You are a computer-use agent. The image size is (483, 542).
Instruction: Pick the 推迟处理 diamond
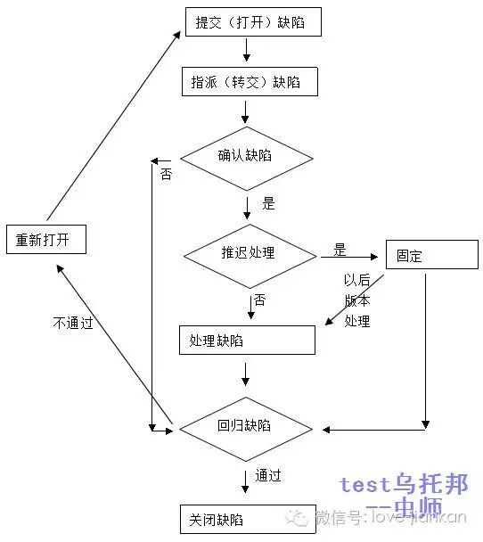[x=249, y=252]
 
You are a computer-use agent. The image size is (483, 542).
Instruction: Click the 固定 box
[x=424, y=256]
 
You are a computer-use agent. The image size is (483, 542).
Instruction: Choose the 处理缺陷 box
[x=247, y=340]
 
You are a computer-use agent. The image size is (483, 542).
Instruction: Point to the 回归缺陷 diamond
[x=246, y=425]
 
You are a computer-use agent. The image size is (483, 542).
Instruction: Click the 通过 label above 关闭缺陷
[x=268, y=476]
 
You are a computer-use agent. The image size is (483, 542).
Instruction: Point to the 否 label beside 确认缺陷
[x=166, y=174]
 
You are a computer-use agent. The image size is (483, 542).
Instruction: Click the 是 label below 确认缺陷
[x=268, y=203]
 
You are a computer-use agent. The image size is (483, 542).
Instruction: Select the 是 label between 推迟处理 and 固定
[x=340, y=249]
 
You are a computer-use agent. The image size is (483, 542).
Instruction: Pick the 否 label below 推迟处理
[x=259, y=300]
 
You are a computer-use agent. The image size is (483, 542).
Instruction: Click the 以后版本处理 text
[x=356, y=300]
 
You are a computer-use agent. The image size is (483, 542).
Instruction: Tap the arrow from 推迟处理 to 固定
[x=352, y=259]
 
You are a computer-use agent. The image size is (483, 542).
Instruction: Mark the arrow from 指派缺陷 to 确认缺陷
[x=245, y=111]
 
